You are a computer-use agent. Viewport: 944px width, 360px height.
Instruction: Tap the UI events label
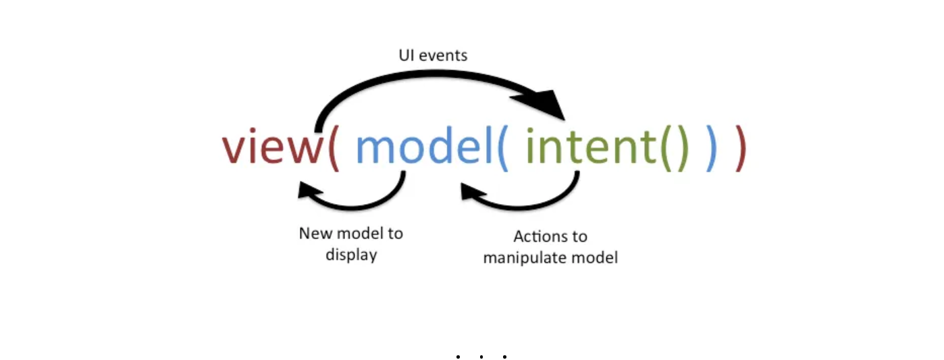[432, 55]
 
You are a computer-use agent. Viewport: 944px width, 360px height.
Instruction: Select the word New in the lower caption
[315, 234]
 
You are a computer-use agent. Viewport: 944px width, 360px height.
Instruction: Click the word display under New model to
[351, 255]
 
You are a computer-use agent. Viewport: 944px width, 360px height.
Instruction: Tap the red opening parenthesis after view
[333, 147]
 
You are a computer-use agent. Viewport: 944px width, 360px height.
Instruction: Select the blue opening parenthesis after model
[502, 147]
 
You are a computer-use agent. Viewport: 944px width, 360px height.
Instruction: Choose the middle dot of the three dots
[481, 356]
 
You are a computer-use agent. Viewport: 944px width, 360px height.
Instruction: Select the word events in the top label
[443, 55]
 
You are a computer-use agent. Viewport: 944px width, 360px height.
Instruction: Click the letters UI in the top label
[407, 55]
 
